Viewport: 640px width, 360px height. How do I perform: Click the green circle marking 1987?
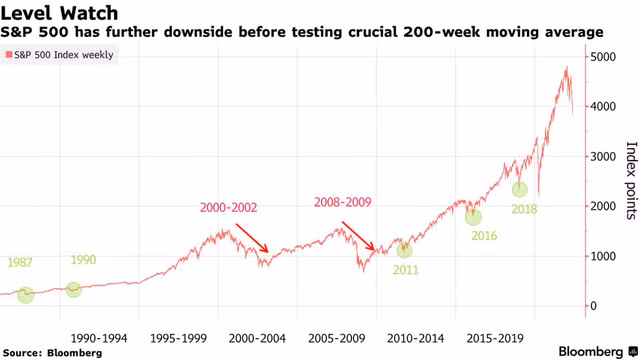tap(25, 294)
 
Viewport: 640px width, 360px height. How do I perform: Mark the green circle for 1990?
tap(73, 290)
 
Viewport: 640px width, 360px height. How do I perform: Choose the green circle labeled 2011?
tap(404, 250)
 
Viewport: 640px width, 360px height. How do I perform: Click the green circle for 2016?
tap(473, 216)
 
